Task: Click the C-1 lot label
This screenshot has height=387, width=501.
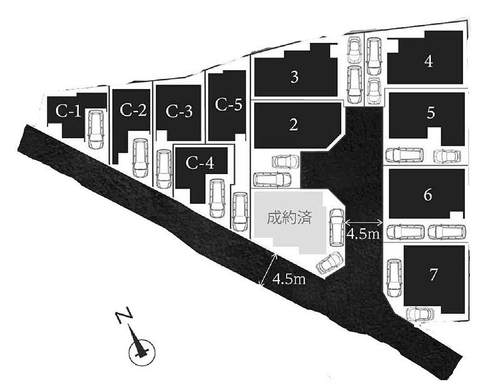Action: pyautogui.click(x=68, y=111)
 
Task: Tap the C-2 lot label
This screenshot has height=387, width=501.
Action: pyautogui.click(x=133, y=110)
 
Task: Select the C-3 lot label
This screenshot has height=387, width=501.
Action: pyautogui.click(x=179, y=112)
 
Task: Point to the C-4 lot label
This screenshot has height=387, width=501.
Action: pyautogui.click(x=200, y=163)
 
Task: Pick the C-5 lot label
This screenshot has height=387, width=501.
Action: pyautogui.click(x=228, y=104)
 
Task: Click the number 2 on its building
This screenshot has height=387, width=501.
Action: pyautogui.click(x=293, y=124)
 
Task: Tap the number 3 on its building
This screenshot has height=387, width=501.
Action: pyautogui.click(x=295, y=77)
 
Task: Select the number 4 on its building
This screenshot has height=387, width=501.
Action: pyautogui.click(x=429, y=61)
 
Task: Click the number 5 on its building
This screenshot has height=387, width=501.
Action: pyautogui.click(x=431, y=113)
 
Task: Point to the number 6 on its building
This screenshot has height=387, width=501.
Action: pyautogui.click(x=428, y=194)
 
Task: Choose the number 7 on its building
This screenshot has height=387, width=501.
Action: pyautogui.click(x=433, y=275)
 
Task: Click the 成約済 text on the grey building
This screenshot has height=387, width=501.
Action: pyautogui.click(x=289, y=218)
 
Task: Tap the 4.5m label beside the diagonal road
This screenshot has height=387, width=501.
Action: pyautogui.click(x=289, y=280)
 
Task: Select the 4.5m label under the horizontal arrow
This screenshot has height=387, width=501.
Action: pyautogui.click(x=364, y=234)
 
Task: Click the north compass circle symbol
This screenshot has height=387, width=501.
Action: pyautogui.click(x=141, y=352)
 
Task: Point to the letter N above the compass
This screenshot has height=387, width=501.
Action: pyautogui.click(x=124, y=315)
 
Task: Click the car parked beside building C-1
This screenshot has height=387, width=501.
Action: pyautogui.click(x=96, y=129)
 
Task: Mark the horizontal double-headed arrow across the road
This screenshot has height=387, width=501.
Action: pyautogui.click(x=364, y=222)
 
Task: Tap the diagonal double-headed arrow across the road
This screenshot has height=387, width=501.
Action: pyautogui.click(x=269, y=270)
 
